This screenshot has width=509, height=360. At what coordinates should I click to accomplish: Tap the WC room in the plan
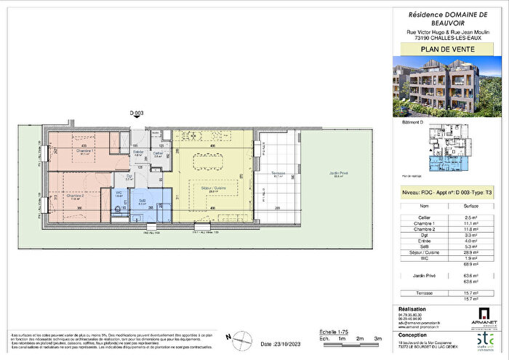[x=119, y=193]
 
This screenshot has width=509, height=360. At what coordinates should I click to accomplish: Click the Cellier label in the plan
[x=157, y=154]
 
